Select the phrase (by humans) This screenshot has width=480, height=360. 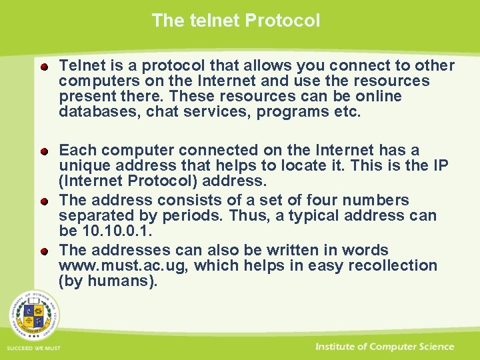click(x=109, y=281)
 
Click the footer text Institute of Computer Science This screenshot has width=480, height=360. click(x=385, y=347)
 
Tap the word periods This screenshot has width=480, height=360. click(x=200, y=215)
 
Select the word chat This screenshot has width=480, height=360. click(x=161, y=111)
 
